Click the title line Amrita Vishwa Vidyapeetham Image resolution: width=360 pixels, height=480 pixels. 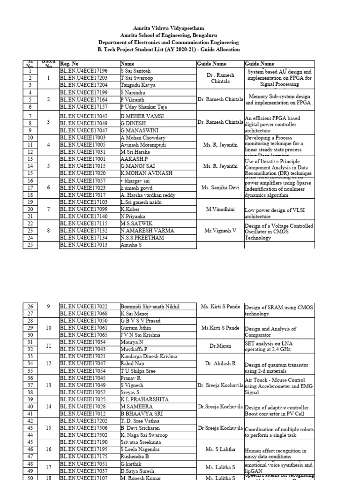point(162,29)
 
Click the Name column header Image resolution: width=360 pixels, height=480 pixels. point(127,64)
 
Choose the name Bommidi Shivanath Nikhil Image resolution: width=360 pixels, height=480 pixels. point(150,307)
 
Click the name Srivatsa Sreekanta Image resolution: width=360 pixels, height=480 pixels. point(141,442)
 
